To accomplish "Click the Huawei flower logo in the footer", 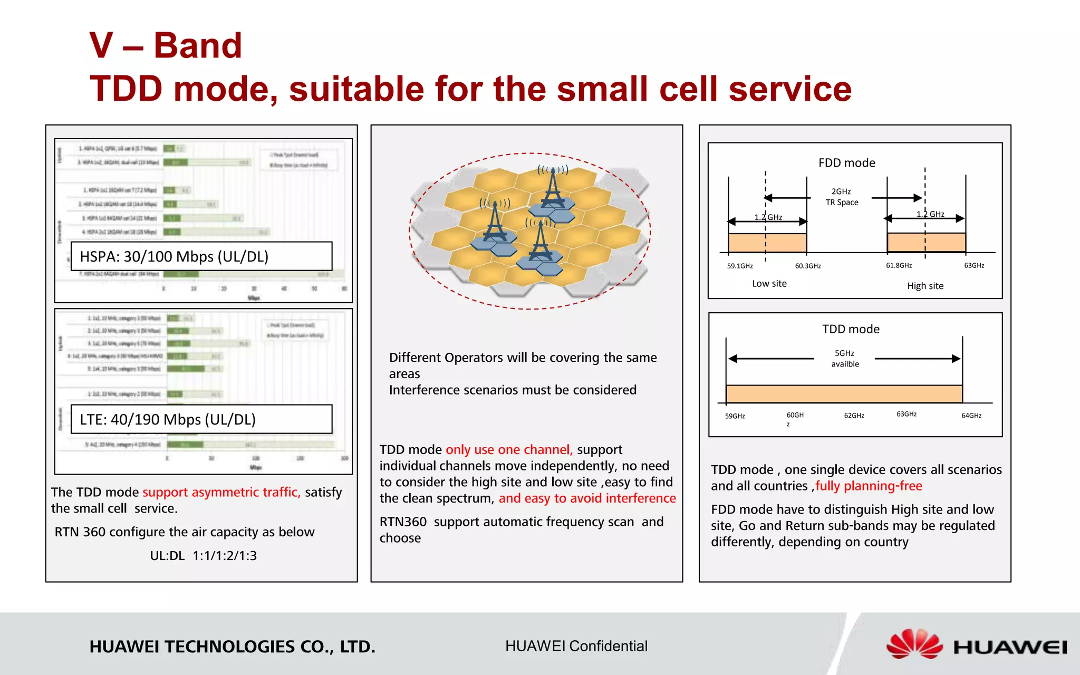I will tap(914, 644).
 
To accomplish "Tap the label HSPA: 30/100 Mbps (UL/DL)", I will tap(174, 257).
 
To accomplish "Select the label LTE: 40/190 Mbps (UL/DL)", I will tap(168, 420).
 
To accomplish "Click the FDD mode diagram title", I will tap(846, 163).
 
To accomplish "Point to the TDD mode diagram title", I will tap(851, 329).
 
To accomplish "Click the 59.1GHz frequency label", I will tap(740, 266).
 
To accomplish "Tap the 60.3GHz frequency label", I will tap(808, 266).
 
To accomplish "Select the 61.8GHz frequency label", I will tap(899, 265).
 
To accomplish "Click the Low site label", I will tap(769, 284).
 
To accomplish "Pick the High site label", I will tap(925, 286).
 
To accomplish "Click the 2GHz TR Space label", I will tap(842, 197).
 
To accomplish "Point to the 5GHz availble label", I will tap(845, 359).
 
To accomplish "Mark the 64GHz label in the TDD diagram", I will tap(971, 416).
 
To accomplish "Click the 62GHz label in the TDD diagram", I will tap(854, 416).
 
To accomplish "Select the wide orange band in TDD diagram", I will tap(844, 394).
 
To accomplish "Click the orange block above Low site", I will tap(767, 243).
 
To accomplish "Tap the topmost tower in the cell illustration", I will tap(553, 190).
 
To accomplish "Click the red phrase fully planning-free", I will tap(869, 486).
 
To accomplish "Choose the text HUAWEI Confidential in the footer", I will tap(576, 646).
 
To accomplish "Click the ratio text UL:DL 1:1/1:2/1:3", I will tap(203, 556).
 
